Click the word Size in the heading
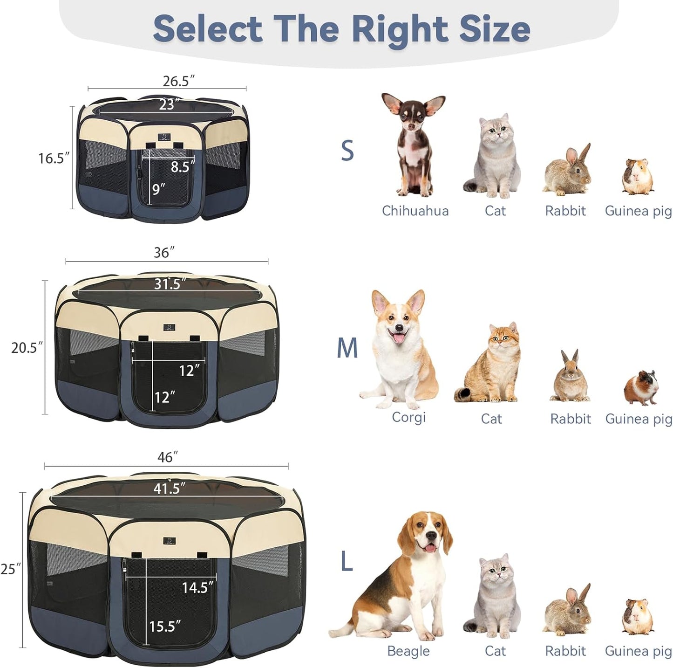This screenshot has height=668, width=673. (495, 29)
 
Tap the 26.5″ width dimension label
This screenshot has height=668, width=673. (178, 81)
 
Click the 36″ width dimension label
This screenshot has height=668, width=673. (164, 253)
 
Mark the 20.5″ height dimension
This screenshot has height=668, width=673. (27, 348)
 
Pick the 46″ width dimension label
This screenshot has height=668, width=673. (165, 457)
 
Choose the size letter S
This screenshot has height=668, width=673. (347, 151)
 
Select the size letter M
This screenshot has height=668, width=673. (347, 348)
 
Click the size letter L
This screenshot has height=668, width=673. (346, 562)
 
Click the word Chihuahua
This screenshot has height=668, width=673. (415, 211)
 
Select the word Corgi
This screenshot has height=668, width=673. (408, 417)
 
